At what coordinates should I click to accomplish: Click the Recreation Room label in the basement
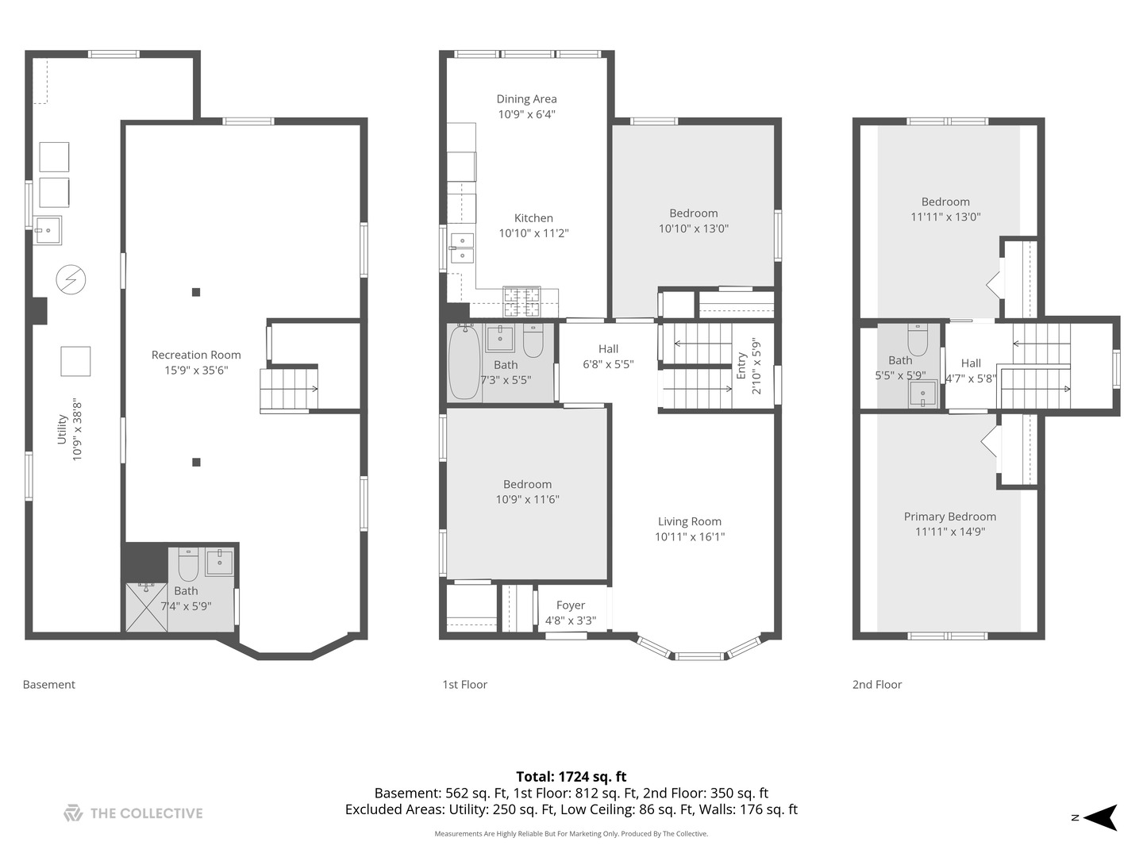click(196, 355)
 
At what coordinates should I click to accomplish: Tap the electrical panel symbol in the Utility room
click(71, 279)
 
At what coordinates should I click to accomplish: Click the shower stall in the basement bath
click(147, 607)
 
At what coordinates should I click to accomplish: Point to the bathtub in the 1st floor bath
click(464, 363)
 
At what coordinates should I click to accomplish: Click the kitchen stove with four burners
click(521, 301)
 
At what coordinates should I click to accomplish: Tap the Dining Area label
click(526, 99)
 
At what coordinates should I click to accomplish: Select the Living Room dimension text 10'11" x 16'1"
click(689, 537)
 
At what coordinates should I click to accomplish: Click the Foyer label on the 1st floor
click(570, 605)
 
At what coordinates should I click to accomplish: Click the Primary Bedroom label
click(949, 517)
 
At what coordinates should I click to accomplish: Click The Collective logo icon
click(73, 813)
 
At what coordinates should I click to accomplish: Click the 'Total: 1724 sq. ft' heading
click(571, 777)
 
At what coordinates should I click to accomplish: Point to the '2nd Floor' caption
click(876, 685)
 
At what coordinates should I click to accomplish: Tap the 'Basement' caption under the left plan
click(48, 685)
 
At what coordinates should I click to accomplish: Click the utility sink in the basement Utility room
click(48, 230)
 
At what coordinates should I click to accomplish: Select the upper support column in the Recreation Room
click(196, 292)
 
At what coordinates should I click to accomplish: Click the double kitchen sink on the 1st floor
click(462, 248)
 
